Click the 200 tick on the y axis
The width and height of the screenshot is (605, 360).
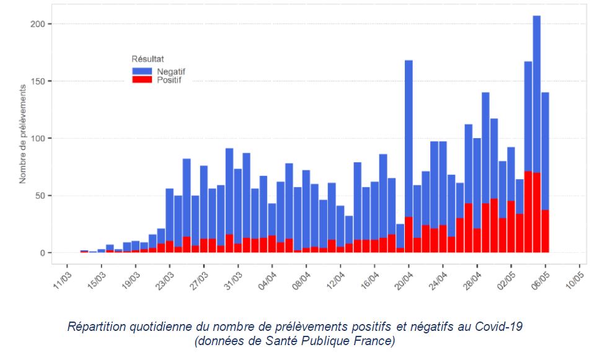click(x=38, y=24)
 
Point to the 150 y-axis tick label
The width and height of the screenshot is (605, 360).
click(x=38, y=81)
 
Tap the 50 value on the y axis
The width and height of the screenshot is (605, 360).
click(x=40, y=196)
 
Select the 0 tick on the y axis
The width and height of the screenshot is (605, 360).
click(x=42, y=253)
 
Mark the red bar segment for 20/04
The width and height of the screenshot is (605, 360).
click(x=409, y=235)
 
